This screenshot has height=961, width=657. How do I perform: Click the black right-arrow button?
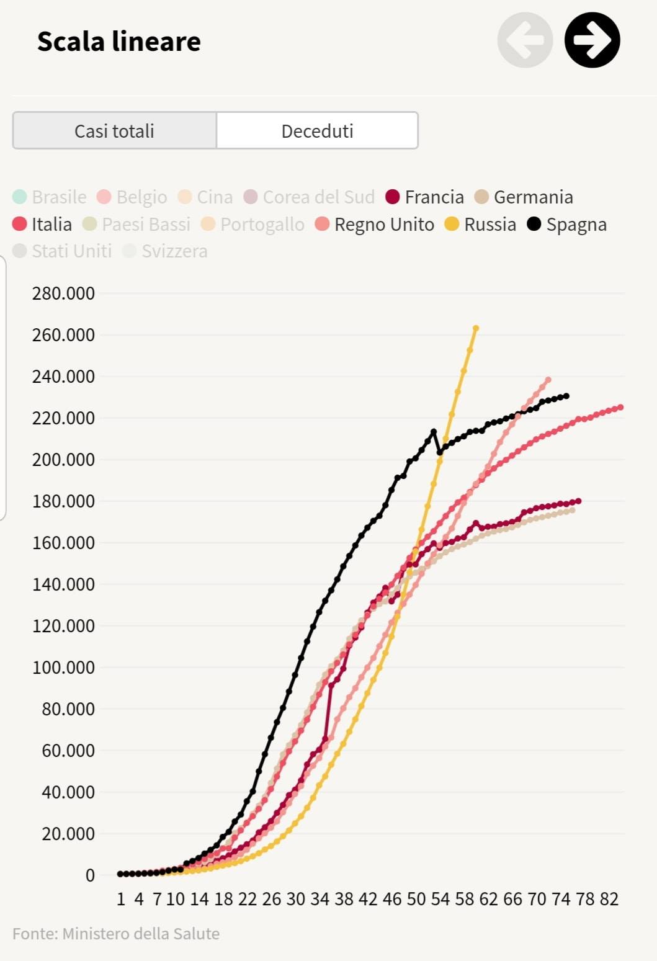[592, 40]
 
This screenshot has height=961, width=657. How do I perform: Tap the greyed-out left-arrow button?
[525, 40]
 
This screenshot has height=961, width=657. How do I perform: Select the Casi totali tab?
[114, 131]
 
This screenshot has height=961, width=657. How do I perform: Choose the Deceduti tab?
[317, 131]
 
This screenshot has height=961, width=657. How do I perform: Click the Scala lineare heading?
[119, 42]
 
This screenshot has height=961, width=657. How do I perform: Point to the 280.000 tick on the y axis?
[63, 293]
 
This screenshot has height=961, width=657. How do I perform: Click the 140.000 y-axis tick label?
[63, 584]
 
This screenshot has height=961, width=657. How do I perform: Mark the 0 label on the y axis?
[90, 875]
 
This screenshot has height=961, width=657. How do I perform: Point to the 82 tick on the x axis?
[609, 899]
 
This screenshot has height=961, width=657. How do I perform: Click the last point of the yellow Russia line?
[476, 328]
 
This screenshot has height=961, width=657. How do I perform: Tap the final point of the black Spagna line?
[566, 396]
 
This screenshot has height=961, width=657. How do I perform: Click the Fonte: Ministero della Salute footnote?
[116, 934]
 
